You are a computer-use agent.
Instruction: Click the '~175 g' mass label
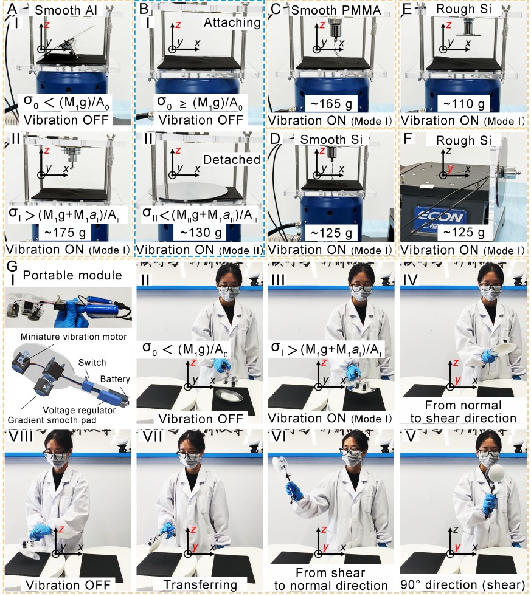click(68, 232)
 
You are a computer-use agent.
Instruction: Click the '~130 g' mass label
click(199, 232)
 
